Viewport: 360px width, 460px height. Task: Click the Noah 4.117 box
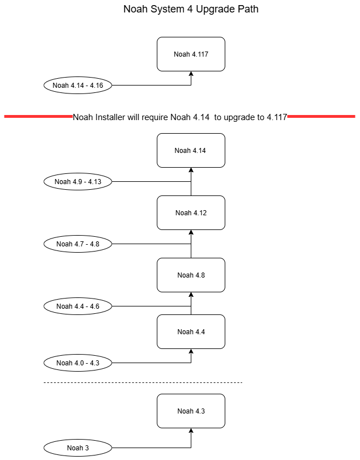pos(191,54)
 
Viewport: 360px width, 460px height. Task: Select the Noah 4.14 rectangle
pos(191,151)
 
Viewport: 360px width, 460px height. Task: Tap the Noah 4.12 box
pos(191,212)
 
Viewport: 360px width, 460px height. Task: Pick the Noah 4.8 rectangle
pos(191,275)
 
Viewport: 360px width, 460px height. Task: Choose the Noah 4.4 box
pos(191,332)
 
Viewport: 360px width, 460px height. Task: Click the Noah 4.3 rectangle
pos(191,411)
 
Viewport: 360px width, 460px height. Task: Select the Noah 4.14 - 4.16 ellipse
pos(78,86)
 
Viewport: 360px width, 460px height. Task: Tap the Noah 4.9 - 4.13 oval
pos(78,182)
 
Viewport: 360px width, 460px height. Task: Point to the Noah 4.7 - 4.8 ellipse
pos(78,244)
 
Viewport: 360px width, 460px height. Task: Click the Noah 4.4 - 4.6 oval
pos(78,306)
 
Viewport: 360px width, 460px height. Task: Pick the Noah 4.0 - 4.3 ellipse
pos(78,363)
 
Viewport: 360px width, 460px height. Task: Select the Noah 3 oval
pos(78,448)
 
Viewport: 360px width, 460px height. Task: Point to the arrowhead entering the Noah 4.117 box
pos(191,74)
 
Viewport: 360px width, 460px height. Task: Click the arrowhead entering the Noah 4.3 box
pos(191,431)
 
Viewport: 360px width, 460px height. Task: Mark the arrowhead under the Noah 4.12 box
pos(191,232)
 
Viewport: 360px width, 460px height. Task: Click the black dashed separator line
pos(143,382)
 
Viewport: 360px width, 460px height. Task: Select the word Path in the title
pos(248,9)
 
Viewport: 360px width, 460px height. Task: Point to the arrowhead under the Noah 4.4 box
pos(191,351)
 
